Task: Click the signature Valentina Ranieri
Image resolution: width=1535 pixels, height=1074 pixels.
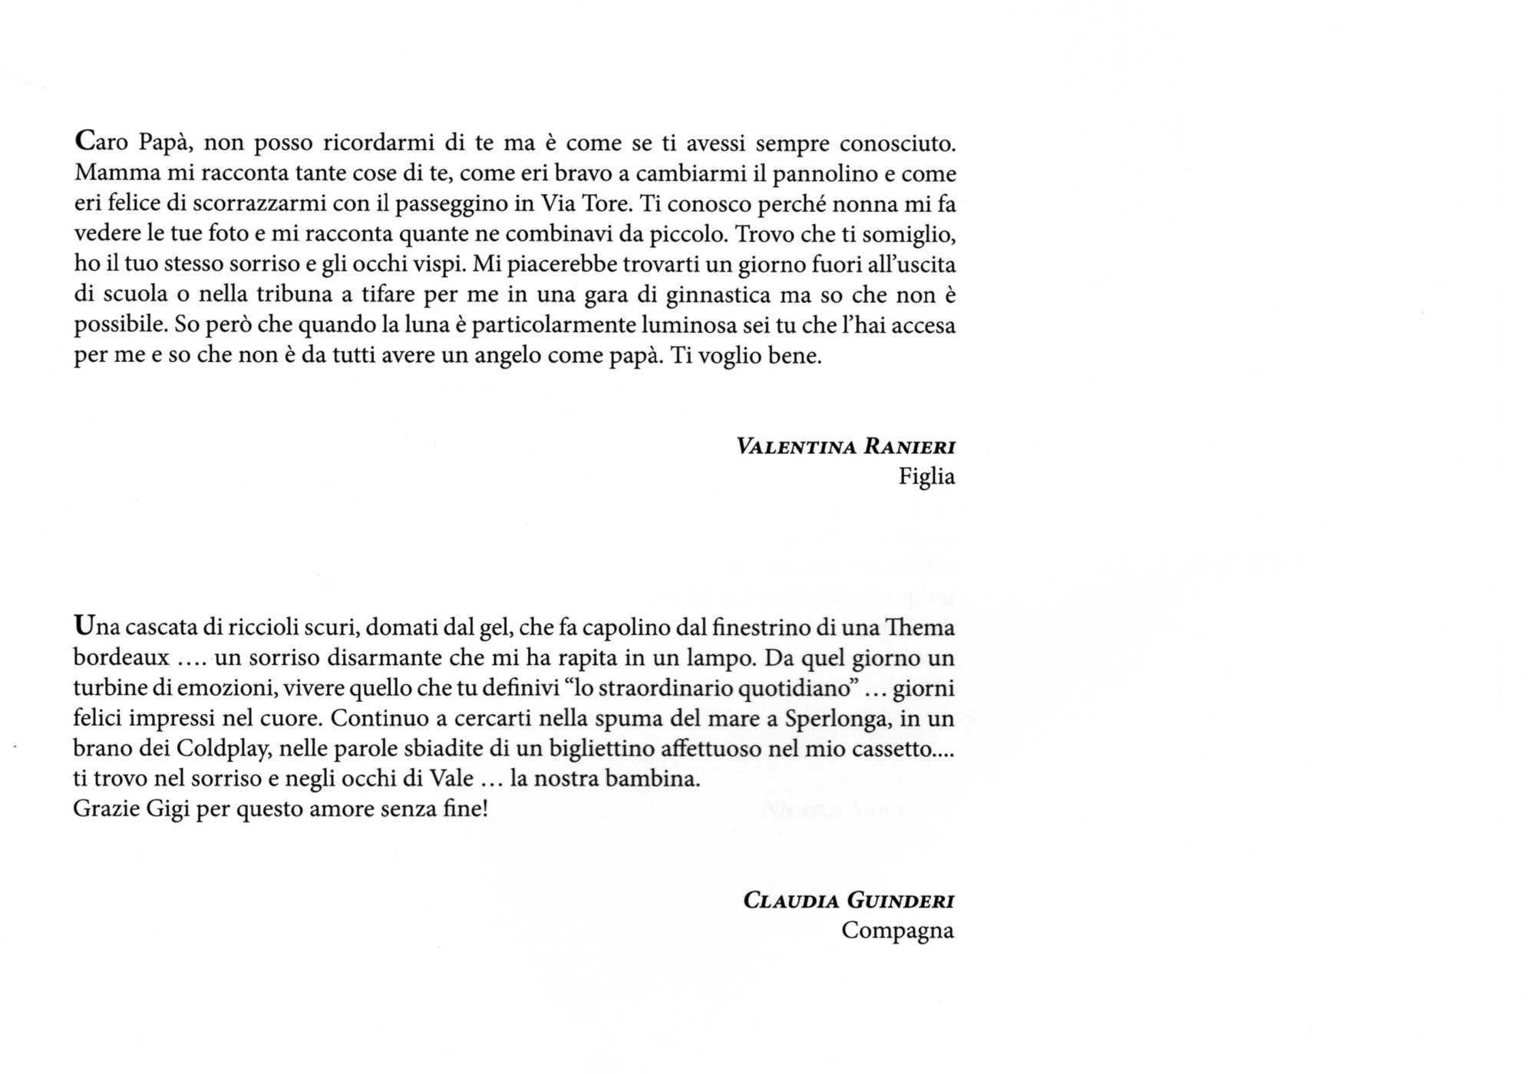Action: coord(845,446)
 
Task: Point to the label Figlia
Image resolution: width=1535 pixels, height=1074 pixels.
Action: coord(926,477)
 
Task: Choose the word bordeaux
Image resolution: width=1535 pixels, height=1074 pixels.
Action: coord(120,658)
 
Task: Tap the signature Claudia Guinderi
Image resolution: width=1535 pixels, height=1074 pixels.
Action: coord(848,900)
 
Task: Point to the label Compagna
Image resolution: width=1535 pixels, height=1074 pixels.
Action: coord(897,931)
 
